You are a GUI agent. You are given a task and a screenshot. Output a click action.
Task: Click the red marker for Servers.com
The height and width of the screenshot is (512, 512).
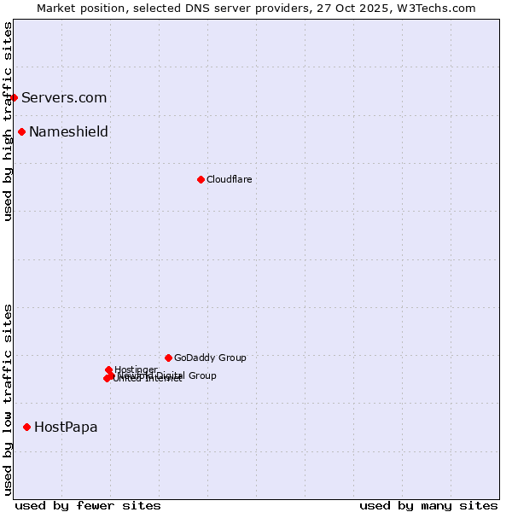[x=14, y=97]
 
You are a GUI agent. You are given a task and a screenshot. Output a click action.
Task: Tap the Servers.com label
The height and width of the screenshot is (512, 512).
[x=64, y=97]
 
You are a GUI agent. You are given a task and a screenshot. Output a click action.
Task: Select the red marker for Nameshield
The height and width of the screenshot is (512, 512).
[x=21, y=131]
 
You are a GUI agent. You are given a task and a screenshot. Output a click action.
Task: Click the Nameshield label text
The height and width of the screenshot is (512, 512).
[x=68, y=131]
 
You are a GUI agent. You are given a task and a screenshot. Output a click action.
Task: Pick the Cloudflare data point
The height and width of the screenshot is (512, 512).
[x=201, y=179]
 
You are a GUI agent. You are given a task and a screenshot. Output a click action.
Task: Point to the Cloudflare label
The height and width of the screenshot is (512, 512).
[x=229, y=179]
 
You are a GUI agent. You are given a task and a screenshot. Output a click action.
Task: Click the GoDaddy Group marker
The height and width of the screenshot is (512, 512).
[x=168, y=358]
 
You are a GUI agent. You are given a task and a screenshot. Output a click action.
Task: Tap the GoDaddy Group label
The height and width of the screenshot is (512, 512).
[x=210, y=358]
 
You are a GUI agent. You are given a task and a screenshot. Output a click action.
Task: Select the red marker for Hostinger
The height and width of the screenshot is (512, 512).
[x=108, y=369]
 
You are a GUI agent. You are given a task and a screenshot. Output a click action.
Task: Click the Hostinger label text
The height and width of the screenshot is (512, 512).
[x=136, y=369]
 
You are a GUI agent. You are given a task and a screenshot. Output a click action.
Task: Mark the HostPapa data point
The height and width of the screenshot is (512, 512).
[x=26, y=427]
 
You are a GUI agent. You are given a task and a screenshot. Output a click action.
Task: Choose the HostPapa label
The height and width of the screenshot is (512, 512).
[x=66, y=427]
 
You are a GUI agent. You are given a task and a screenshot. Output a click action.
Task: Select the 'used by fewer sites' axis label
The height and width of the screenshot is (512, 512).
[x=88, y=505]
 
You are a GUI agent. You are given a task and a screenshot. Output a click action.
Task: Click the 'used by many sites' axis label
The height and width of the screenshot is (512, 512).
[x=428, y=505]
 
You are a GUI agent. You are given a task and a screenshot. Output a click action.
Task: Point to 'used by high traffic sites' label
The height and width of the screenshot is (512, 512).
[x=8, y=121]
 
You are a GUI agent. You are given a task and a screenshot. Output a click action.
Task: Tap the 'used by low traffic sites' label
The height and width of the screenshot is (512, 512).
[x=8, y=399]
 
